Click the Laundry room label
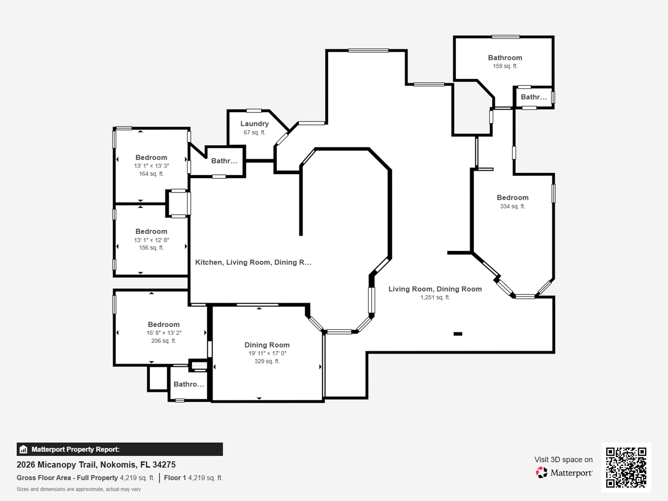254,124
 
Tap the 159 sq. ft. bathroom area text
505,66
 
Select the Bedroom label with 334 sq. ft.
512,198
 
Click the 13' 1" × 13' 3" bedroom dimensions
151,166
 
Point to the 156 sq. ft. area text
151,248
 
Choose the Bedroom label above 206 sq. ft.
164,325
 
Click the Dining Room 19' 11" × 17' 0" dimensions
267,353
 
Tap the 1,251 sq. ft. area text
435,297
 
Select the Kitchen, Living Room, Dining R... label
253,262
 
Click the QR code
626,467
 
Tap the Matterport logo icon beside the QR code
541,472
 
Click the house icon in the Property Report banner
23,449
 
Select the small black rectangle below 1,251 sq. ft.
458,334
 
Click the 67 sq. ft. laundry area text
254,132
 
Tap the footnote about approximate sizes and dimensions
79,489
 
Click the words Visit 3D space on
563,460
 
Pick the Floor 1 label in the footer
175,478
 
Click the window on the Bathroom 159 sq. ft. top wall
506,37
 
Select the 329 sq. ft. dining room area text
267,361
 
